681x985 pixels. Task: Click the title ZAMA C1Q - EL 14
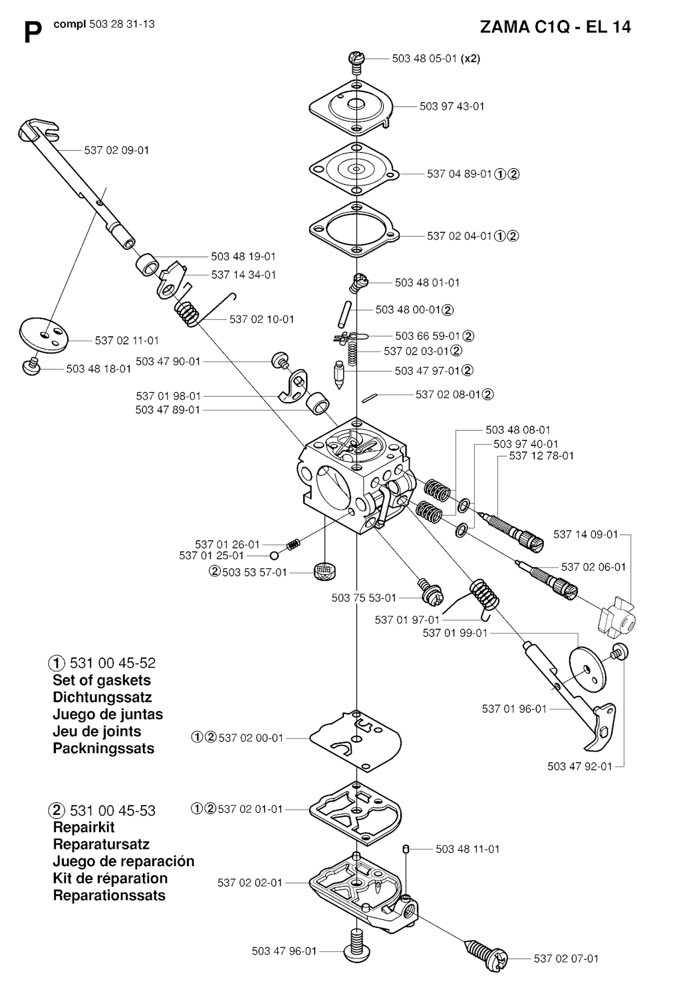[555, 27]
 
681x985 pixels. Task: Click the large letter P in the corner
[33, 33]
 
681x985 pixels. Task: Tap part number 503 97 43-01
[452, 106]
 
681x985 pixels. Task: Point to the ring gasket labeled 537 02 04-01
[354, 229]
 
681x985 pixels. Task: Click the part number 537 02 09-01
[116, 150]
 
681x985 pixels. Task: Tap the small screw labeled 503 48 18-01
[31, 366]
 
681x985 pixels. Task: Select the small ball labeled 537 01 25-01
[275, 556]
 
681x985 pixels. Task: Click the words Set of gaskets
[102, 681]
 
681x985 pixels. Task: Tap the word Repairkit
[84, 827]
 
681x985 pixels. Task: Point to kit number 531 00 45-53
[112, 810]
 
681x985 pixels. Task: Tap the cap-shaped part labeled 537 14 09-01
[616, 616]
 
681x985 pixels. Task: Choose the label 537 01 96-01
[514, 709]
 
